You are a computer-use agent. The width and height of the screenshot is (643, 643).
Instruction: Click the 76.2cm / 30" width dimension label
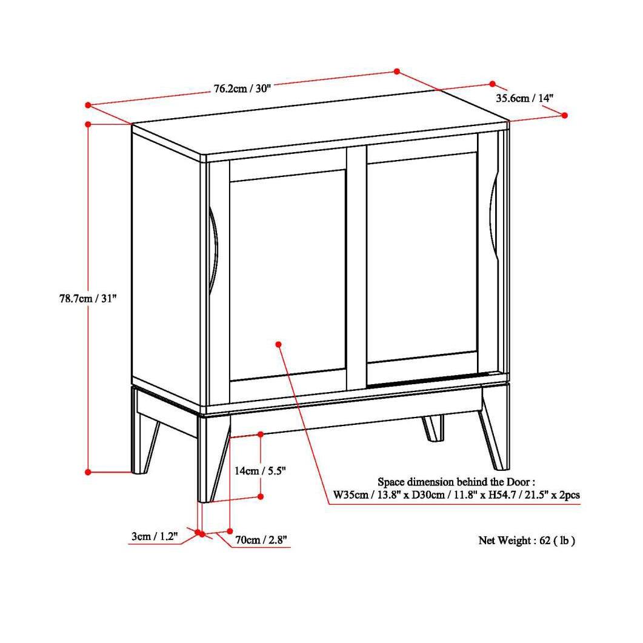pos(242,88)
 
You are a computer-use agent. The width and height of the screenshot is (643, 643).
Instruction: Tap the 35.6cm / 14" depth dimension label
pos(525,98)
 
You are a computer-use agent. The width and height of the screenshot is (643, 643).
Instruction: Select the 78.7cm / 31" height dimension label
pos(84,298)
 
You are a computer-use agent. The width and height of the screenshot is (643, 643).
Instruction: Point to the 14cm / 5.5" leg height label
pos(260,470)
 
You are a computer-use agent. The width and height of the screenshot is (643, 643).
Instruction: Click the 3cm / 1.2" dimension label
pos(154,536)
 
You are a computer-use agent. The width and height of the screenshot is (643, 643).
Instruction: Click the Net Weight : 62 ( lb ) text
pos(526,540)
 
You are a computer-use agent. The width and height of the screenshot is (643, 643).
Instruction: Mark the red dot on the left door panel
pos(279,344)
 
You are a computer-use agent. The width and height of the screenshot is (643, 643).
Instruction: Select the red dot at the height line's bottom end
pos(88,471)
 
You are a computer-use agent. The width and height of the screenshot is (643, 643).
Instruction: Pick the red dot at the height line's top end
pos(88,124)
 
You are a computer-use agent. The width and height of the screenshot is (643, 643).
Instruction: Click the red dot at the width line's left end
pos(88,105)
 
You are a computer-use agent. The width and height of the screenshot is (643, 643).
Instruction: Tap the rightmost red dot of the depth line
pos(564,115)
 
